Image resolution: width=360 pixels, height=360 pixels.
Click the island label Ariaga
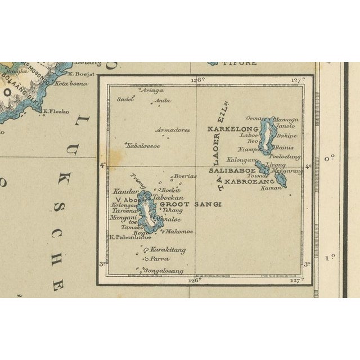[x=153, y=90]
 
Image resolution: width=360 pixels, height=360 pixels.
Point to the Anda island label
[x=163, y=101]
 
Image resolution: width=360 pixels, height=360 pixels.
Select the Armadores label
[x=172, y=130]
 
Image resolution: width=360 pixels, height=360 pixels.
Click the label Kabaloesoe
[x=143, y=146]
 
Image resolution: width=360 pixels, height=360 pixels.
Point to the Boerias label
[x=185, y=176]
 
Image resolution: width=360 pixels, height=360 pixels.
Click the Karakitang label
[x=168, y=250]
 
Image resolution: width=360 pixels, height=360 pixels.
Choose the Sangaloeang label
[x=164, y=271]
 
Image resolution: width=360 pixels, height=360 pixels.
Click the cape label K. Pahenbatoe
[x=124, y=238]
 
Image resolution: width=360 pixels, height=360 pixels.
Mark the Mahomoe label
[x=179, y=231]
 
